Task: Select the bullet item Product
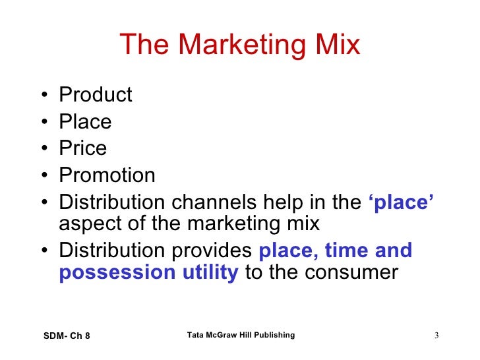coord(96,96)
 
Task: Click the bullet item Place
coord(85,122)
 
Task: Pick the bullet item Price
coord(82,148)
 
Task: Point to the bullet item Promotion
coord(107,175)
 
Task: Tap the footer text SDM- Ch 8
coord(65,336)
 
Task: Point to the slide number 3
coord(436,337)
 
